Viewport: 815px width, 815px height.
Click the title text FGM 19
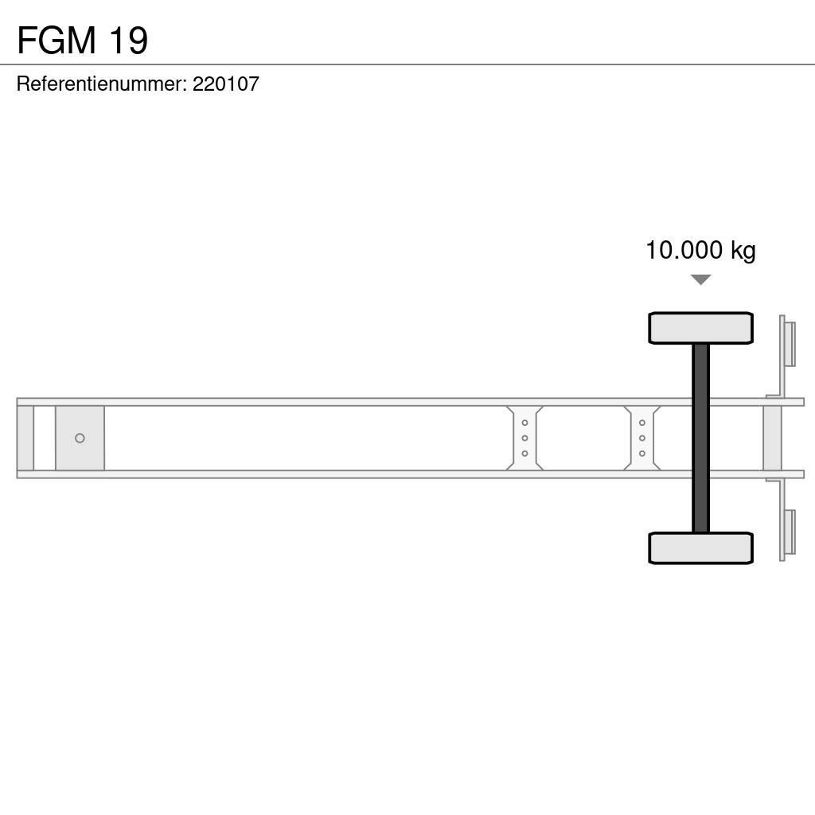tap(82, 41)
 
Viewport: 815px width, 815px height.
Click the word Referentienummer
tap(100, 84)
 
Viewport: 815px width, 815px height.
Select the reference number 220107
tap(226, 84)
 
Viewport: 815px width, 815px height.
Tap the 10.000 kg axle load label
tap(700, 250)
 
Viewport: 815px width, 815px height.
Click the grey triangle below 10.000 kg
tap(700, 279)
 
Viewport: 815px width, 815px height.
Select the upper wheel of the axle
tap(700, 328)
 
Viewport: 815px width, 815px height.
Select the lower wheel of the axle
tap(700, 548)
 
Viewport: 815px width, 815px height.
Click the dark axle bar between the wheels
tap(700, 438)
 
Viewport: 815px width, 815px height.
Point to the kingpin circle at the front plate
tap(80, 438)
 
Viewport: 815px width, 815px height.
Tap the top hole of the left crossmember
tap(524, 423)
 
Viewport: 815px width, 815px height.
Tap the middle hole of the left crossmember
tap(524, 438)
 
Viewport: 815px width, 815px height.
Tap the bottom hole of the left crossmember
tap(524, 453)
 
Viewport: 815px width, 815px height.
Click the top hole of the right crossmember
tap(641, 423)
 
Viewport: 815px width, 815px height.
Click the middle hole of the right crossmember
tap(641, 438)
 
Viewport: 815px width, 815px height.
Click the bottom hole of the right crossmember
tap(641, 453)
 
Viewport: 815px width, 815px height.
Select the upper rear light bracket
tap(788, 342)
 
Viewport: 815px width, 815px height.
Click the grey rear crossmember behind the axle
tap(773, 438)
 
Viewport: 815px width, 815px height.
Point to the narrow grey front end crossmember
tap(25, 438)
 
